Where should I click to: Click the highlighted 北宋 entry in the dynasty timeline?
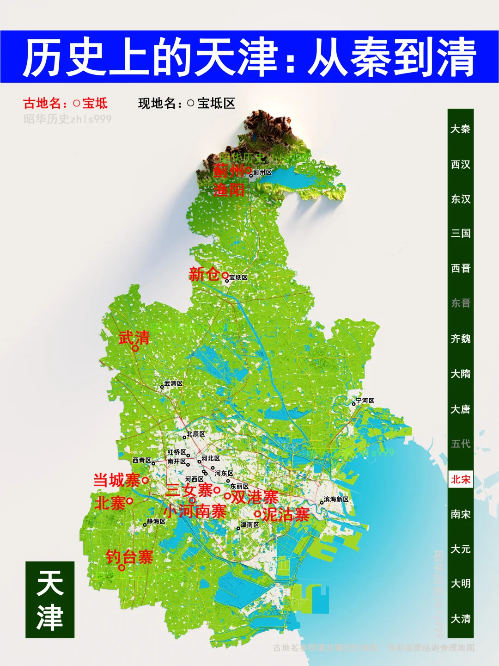[x=460, y=479]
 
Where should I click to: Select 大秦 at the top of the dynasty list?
[x=460, y=129]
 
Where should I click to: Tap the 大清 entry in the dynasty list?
[x=460, y=619]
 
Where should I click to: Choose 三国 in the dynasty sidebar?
[x=460, y=233]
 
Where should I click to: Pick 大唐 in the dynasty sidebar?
[x=460, y=409]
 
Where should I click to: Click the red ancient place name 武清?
[x=134, y=338]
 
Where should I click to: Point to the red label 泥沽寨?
[x=286, y=514]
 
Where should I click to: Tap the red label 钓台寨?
[x=129, y=556]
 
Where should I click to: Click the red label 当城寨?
[x=116, y=480]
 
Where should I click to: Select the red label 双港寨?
[x=255, y=497]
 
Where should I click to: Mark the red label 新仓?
[x=204, y=274]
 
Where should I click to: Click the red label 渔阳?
[x=229, y=190]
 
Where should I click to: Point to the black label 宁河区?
[x=365, y=401]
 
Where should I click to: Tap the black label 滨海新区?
[x=336, y=499]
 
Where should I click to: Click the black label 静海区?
[x=156, y=522]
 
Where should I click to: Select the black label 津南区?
[x=250, y=525]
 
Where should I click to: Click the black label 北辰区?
[x=195, y=434]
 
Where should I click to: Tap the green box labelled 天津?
[x=50, y=600]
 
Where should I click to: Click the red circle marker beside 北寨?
[x=130, y=500]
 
